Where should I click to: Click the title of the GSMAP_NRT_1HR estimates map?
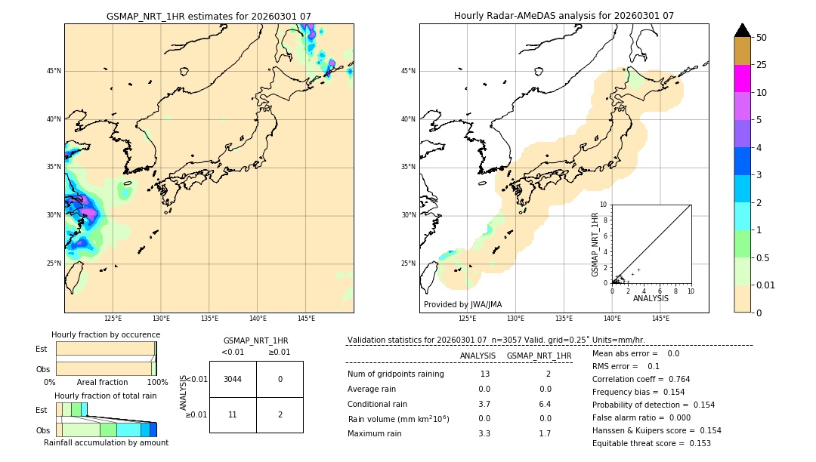pos(209,16)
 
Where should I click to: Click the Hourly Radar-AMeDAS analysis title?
pos(564,16)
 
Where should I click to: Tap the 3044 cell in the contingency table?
pos(233,379)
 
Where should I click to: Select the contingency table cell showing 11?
pos(233,414)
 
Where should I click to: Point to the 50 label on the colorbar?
pos(762,38)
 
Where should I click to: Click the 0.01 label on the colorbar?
pos(766,285)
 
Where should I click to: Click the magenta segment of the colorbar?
pos(742,79)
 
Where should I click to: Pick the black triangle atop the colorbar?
pos(742,30)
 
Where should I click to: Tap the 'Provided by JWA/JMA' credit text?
pos(462,305)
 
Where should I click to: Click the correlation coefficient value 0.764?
pos(677,379)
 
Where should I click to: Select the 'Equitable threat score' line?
pos(641,443)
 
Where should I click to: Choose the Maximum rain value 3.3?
pos(484,433)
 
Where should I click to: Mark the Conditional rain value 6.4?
pos(545,404)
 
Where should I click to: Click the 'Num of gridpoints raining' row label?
pos(395,374)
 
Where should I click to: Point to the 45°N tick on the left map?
pos(54,71)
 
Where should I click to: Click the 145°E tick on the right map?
pos(660,319)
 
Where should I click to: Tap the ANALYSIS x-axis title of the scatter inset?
pos(651,298)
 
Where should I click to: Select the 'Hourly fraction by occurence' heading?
pos(106,334)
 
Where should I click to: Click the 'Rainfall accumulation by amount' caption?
pos(106,443)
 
